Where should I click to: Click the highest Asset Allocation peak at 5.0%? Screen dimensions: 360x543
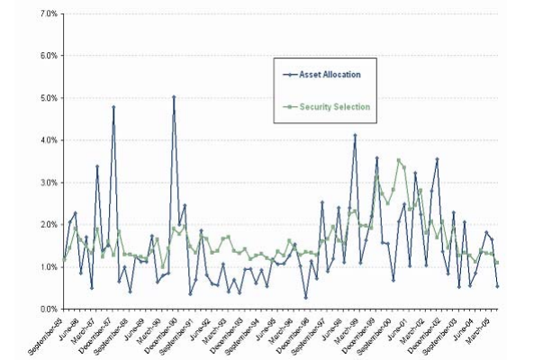coord(174,96)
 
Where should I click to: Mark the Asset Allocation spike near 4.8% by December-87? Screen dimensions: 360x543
coord(113,106)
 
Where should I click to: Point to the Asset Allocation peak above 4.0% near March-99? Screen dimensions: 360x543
coord(355,135)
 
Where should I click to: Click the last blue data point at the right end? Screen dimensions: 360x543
coord(497,286)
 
